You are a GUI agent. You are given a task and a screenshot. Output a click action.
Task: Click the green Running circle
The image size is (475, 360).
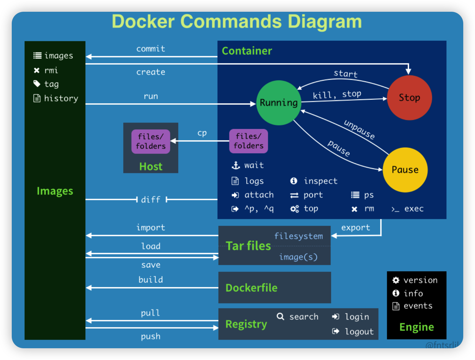click(278, 103)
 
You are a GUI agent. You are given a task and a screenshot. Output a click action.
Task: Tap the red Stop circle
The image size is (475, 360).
click(409, 98)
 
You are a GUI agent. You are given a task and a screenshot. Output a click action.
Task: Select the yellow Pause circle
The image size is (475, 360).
click(405, 170)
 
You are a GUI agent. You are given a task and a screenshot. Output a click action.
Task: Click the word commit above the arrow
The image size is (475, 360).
click(151, 49)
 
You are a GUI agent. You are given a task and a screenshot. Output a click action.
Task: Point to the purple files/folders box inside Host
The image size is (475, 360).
click(151, 141)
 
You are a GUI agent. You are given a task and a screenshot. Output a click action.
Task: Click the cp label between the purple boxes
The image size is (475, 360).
click(202, 133)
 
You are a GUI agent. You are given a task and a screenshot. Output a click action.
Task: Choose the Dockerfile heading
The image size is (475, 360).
click(251, 288)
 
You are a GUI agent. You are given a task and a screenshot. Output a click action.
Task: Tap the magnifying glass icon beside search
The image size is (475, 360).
click(280, 316)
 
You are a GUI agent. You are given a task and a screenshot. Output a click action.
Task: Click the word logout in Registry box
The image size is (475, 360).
click(359, 332)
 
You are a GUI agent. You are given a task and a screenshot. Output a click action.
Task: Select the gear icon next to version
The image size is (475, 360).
click(396, 280)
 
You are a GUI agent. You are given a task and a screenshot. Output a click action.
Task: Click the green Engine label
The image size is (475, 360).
click(417, 327)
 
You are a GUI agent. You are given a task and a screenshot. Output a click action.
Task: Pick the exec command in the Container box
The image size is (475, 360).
click(414, 209)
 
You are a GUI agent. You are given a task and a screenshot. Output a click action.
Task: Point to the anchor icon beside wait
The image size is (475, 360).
click(236, 165)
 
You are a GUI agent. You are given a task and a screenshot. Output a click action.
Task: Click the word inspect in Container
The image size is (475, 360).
click(320, 181)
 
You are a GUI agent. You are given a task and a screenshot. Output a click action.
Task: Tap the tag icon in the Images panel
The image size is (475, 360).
click(37, 84)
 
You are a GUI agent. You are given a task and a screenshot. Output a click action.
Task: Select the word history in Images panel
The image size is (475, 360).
click(61, 98)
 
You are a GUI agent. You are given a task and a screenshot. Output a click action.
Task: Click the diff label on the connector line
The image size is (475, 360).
click(151, 200)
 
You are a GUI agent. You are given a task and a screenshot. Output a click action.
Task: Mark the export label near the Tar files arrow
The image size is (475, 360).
click(355, 227)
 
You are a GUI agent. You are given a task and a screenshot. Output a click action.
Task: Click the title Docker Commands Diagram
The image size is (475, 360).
click(237, 22)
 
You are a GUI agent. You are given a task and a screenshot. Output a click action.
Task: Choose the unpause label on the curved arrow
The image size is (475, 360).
click(359, 129)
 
